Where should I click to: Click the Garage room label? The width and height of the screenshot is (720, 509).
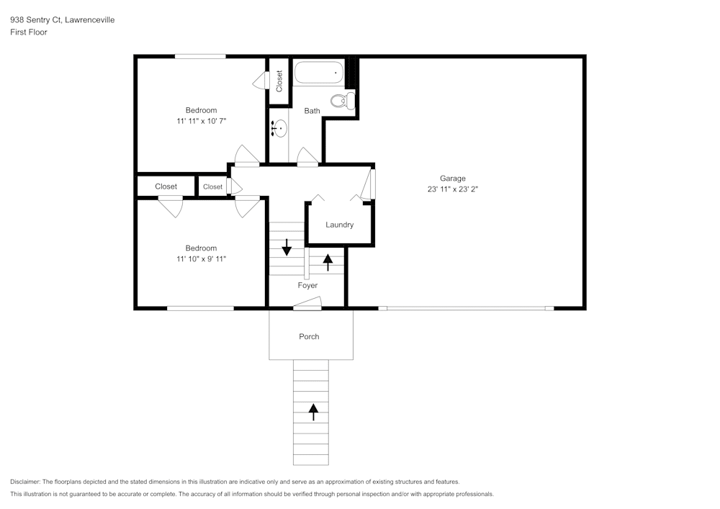453,179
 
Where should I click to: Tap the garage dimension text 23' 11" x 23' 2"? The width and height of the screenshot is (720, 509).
453,190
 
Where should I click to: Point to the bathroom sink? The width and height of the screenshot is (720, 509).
280,129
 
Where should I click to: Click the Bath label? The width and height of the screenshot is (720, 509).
312,111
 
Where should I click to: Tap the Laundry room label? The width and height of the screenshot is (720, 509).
339,225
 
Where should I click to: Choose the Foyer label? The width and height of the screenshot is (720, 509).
307,286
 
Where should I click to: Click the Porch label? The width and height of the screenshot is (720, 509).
309,336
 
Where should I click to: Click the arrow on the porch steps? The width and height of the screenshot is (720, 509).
313,411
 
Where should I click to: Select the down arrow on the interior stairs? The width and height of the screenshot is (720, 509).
287,248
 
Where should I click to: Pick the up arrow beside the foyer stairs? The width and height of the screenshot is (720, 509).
328,262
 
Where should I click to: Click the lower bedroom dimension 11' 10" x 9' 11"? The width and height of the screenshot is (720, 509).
201,259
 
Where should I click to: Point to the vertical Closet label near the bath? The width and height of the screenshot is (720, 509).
279,81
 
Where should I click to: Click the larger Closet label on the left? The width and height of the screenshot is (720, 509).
166,186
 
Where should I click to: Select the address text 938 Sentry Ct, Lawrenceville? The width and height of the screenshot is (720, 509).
62,20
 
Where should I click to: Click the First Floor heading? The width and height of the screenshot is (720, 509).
29,32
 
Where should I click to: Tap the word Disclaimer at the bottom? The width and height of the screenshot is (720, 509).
25,482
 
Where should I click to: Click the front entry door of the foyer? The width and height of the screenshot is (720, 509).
307,308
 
